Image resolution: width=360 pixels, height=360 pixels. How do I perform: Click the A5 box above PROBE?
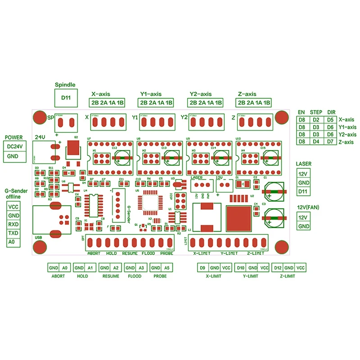(x=167, y=268)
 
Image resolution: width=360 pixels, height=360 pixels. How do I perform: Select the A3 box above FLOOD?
(x=142, y=268)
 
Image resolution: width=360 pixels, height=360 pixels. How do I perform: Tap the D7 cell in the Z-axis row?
(x=330, y=142)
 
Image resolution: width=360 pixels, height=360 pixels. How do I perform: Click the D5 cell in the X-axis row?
(x=330, y=120)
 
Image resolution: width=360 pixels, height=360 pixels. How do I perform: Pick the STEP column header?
(x=316, y=112)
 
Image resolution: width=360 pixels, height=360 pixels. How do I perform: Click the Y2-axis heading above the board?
(x=200, y=94)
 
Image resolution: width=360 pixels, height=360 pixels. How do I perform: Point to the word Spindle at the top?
(x=65, y=85)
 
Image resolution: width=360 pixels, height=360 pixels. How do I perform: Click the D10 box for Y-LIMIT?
(x=241, y=268)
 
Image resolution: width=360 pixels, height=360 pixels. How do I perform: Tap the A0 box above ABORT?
(x=65, y=268)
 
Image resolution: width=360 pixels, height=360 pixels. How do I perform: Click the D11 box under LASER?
(x=304, y=191)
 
